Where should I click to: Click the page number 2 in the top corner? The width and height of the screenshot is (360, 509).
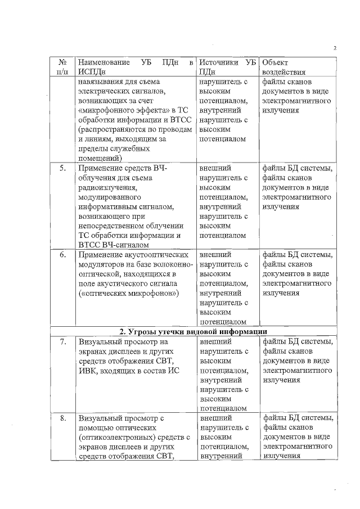[x=335, y=47]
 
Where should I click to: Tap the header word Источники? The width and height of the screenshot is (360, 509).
[x=219, y=61]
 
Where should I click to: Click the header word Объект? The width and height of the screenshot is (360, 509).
[x=275, y=61]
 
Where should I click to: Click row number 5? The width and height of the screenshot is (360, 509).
[x=64, y=168]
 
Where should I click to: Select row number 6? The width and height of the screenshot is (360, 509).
[x=64, y=255]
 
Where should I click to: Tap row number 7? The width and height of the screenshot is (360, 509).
[x=64, y=342]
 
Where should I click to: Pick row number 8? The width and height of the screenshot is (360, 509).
[x=64, y=418]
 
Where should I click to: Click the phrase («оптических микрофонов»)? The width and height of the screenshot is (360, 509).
[x=129, y=294]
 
